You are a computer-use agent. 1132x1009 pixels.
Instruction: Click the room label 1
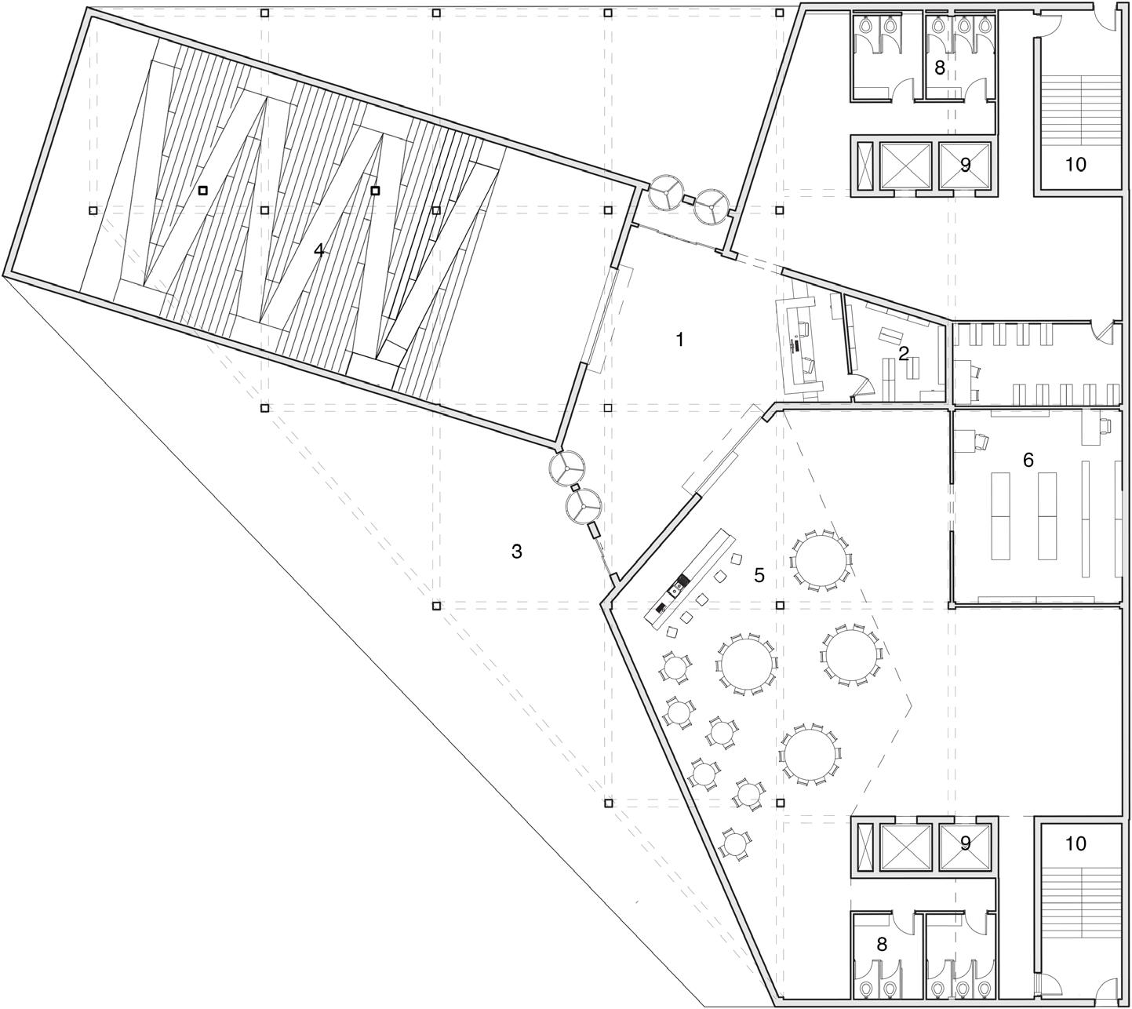point(680,340)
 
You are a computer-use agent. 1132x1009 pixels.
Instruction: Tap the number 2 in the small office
point(904,354)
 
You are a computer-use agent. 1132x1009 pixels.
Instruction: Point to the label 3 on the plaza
point(516,552)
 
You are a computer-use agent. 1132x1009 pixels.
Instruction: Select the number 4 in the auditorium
point(318,250)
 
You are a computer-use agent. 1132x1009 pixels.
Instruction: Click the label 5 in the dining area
point(759,575)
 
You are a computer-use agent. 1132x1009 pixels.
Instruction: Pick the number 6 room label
point(1028,461)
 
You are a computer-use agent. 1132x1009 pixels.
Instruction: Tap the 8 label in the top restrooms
point(939,67)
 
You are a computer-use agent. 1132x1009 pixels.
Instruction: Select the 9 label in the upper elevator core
point(966,165)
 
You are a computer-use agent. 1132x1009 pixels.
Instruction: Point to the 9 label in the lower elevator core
point(966,843)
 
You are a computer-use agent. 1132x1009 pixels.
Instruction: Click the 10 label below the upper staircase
point(1076,165)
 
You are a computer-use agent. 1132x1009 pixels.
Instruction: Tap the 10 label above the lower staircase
point(1076,843)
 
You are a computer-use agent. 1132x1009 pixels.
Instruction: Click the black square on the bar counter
point(682,580)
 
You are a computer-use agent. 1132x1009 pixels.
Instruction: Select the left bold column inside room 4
point(202,189)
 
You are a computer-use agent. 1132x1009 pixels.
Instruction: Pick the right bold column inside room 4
point(375,190)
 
